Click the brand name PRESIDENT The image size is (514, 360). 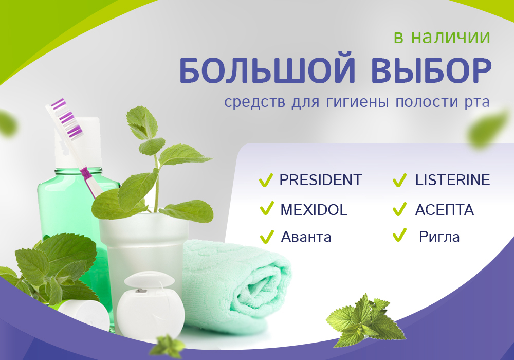click(x=320, y=180)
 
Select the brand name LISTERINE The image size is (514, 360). click(x=452, y=180)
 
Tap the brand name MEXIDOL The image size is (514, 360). click(x=314, y=210)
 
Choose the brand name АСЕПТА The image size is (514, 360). click(x=445, y=210)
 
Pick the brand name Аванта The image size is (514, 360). click(x=306, y=237)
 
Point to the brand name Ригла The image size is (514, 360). click(x=439, y=237)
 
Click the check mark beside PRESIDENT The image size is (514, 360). click(x=266, y=181)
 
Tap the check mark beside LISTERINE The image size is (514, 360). click(x=399, y=181)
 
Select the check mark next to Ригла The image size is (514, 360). click(x=399, y=235)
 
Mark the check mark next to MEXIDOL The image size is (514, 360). click(x=266, y=208)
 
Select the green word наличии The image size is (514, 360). click(x=451, y=37)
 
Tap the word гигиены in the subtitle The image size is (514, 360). click(x=357, y=102)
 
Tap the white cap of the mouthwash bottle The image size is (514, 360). click(x=78, y=142)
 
